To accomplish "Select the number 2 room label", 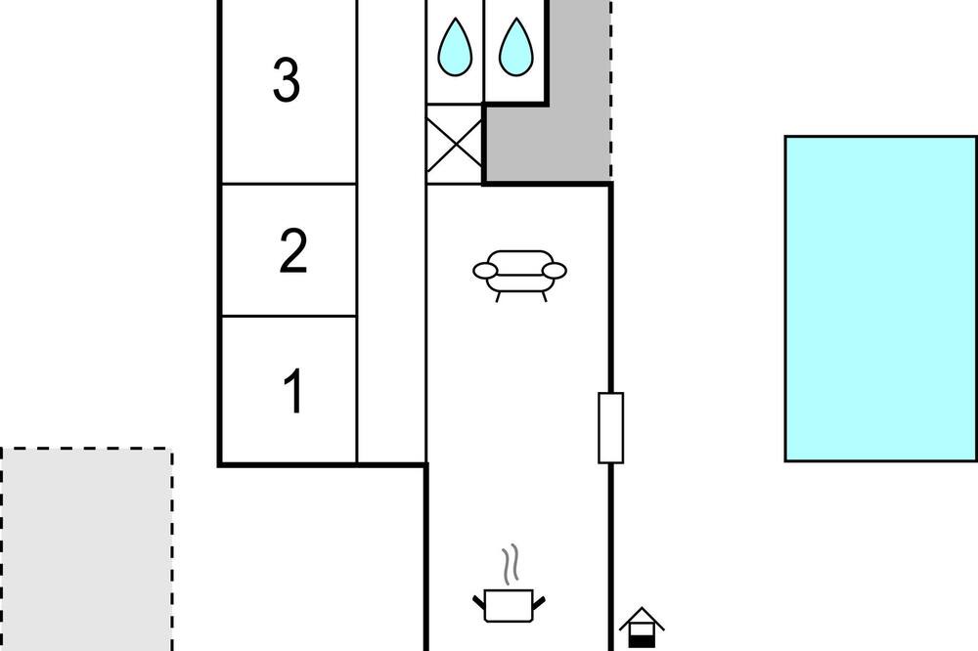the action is click(293, 250).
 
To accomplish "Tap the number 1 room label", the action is click(293, 391).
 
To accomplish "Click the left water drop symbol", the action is click(455, 47).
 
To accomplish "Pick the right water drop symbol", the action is click(515, 47).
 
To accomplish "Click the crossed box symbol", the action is click(455, 145).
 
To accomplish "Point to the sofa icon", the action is click(519, 275).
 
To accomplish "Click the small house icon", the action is click(642, 628).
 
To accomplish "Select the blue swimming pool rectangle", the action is click(881, 299).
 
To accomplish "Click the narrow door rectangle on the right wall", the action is click(610, 428).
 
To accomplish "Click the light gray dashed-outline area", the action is click(87, 549).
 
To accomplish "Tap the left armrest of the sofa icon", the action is click(485, 271).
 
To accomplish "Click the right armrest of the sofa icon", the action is click(556, 271).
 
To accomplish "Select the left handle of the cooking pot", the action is click(479, 602).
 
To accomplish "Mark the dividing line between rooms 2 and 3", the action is click(289, 184).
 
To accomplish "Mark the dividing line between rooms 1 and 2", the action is click(289, 316).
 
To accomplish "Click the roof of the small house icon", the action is click(642, 618).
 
